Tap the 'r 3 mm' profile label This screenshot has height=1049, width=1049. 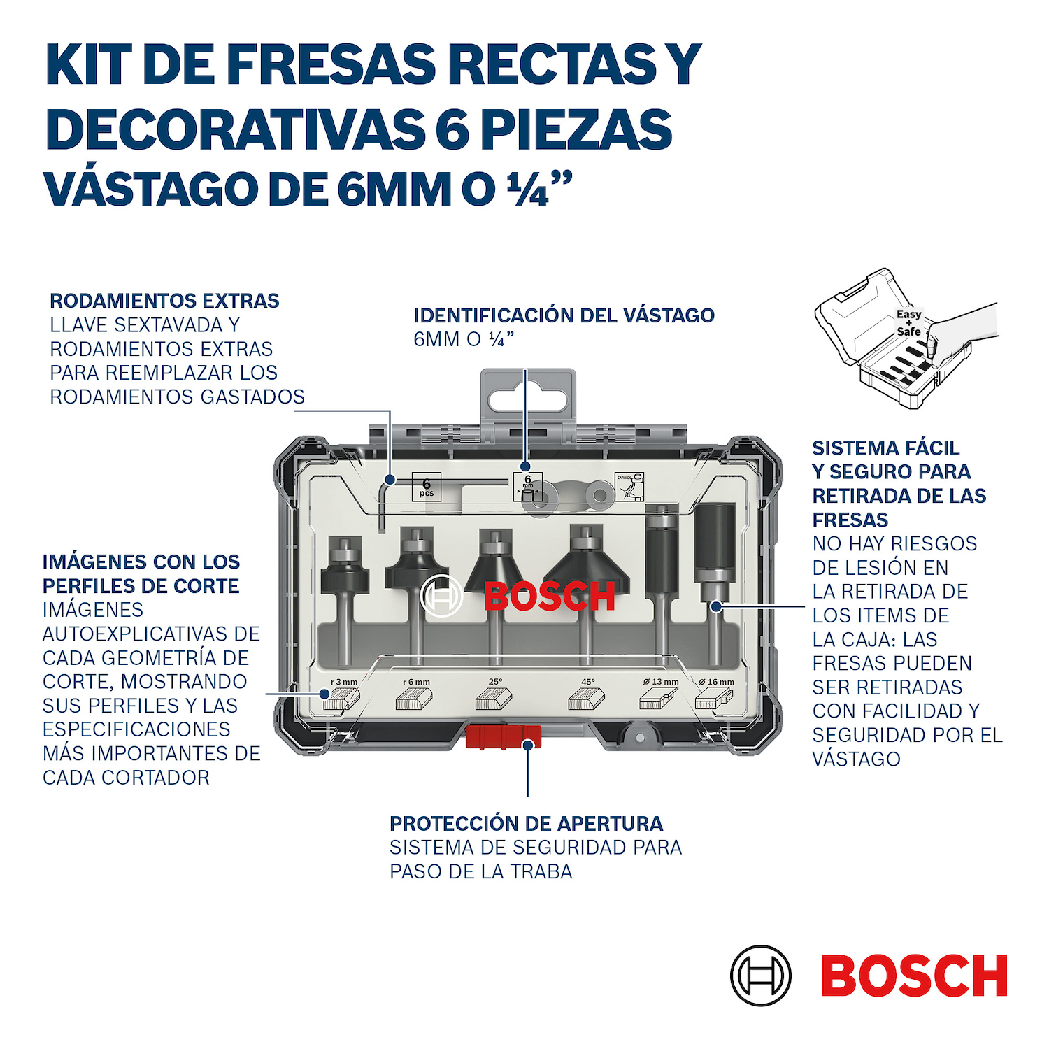pyautogui.click(x=344, y=682)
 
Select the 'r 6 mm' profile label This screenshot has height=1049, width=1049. pyautogui.click(x=417, y=682)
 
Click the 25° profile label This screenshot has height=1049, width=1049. pyautogui.click(x=495, y=681)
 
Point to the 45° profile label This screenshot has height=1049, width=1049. pyautogui.click(x=588, y=681)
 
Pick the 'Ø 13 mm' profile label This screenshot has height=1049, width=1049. pyautogui.click(x=661, y=682)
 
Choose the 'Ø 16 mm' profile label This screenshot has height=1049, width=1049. pyautogui.click(x=717, y=682)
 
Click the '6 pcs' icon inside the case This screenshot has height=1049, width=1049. pyautogui.click(x=427, y=487)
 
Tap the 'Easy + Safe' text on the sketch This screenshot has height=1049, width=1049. pyautogui.click(x=909, y=322)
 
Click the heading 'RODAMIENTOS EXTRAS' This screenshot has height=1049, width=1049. pyautogui.click(x=164, y=301)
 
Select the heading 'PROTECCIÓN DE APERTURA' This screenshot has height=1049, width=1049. pyautogui.click(x=526, y=824)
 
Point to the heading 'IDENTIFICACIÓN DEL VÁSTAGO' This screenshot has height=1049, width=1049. pyautogui.click(x=564, y=315)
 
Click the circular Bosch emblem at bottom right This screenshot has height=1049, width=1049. pyautogui.click(x=761, y=976)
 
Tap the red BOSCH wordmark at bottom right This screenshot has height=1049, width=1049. pyautogui.click(x=914, y=976)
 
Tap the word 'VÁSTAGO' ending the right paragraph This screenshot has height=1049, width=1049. pyautogui.click(x=856, y=759)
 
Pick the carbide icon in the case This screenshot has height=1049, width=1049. pyautogui.click(x=629, y=487)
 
